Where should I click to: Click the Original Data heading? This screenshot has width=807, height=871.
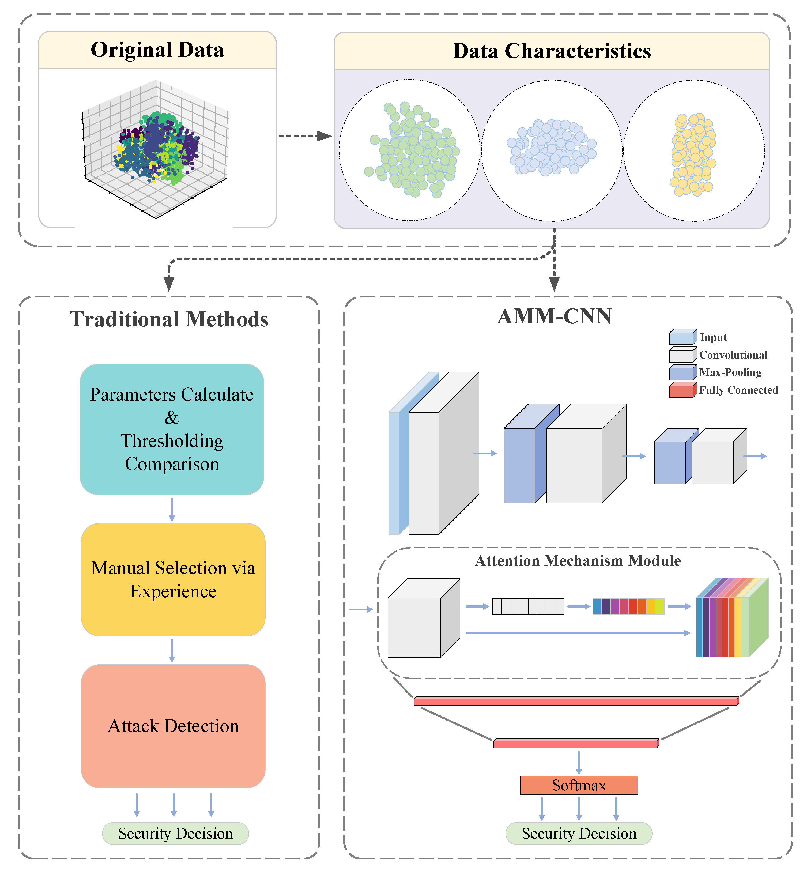[157, 50]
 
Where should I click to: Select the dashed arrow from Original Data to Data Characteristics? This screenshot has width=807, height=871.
[304, 136]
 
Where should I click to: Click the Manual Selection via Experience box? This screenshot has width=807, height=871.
[173, 579]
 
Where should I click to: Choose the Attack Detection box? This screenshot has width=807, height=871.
[173, 726]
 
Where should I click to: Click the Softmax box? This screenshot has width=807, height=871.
[579, 785]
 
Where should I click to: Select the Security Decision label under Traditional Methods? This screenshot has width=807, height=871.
[175, 834]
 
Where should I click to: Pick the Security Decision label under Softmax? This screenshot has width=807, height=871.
[579, 834]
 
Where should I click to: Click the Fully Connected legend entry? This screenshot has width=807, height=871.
[738, 390]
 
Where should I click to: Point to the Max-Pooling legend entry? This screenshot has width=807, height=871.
[730, 372]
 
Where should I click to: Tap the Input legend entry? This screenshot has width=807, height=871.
[713, 337]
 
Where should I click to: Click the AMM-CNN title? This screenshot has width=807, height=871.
[554, 316]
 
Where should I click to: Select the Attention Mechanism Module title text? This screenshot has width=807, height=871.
[578, 561]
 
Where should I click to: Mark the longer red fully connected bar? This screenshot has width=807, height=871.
[576, 702]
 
